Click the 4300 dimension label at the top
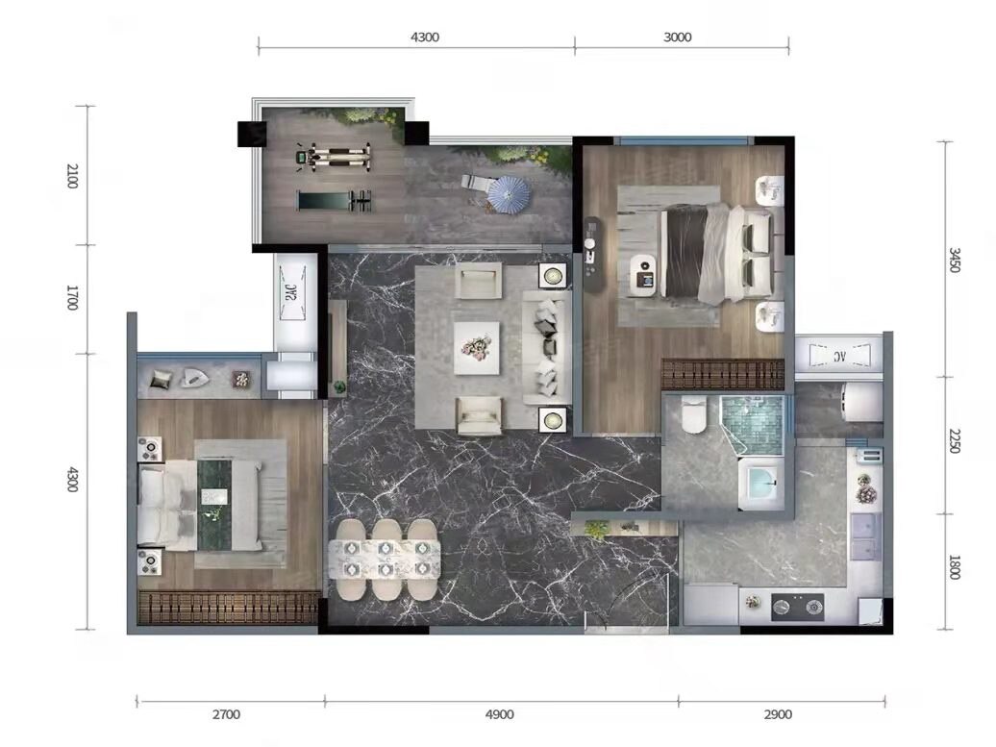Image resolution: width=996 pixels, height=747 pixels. click(x=424, y=37)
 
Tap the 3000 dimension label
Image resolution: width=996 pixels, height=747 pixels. click(x=677, y=37)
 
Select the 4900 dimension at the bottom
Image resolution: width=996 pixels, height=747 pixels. click(x=499, y=714)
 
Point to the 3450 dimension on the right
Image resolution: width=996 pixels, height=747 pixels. click(x=954, y=260)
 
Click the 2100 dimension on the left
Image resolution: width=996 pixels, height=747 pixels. click(x=72, y=175)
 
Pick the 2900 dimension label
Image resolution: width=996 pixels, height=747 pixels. click(x=778, y=714)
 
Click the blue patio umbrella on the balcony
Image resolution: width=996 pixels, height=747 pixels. click(x=510, y=193)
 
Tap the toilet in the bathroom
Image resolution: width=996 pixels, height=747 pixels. click(x=694, y=415)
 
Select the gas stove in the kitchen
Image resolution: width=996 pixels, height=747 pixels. click(x=797, y=608)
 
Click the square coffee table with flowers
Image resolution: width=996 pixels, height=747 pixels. click(x=477, y=348)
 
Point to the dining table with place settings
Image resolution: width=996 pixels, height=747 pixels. click(x=385, y=559)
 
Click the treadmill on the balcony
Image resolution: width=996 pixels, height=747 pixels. click(x=335, y=201)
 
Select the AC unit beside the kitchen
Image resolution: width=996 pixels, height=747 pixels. click(x=838, y=356)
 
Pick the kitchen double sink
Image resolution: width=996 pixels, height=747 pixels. click(x=865, y=536)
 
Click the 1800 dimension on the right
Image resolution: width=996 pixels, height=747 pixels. click(x=954, y=566)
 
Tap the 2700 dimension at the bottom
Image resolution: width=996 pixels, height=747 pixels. click(x=226, y=714)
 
